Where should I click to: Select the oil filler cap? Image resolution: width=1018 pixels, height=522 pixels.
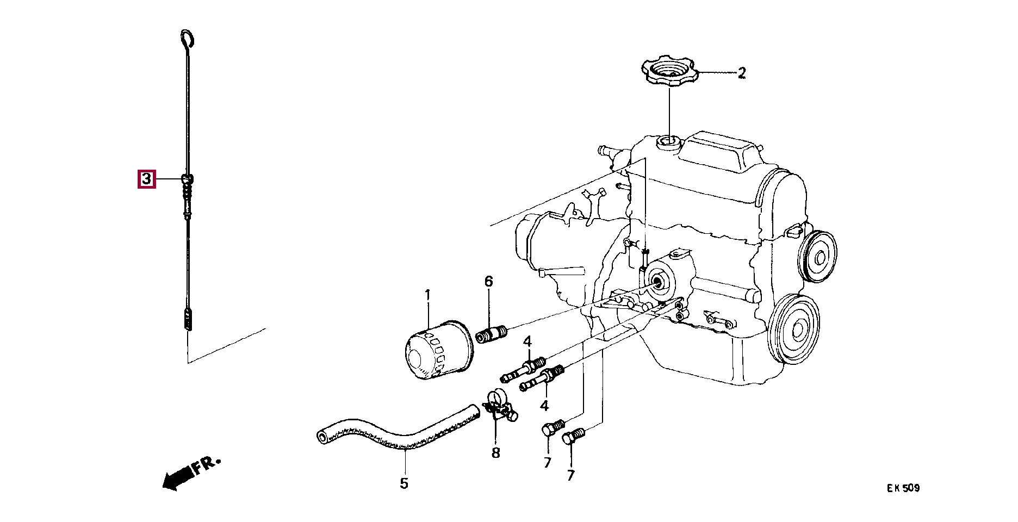(669, 71)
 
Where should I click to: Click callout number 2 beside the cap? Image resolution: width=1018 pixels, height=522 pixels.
(742, 73)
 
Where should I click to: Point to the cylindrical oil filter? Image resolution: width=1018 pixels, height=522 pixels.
(438, 351)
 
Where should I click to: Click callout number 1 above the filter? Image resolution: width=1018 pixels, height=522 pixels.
(427, 296)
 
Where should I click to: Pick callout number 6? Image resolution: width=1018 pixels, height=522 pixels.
(488, 281)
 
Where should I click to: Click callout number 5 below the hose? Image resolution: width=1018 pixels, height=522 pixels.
(404, 483)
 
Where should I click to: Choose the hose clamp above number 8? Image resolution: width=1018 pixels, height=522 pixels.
(500, 407)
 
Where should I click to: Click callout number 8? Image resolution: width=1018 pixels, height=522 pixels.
(495, 453)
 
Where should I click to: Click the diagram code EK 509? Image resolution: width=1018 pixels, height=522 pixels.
(903, 488)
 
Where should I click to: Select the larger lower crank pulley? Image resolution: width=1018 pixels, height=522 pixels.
(795, 328)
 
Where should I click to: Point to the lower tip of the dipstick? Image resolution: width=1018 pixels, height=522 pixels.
(188, 330)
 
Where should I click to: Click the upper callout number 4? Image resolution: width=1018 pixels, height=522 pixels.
(527, 342)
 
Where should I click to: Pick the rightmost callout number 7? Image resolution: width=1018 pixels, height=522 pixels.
(570, 475)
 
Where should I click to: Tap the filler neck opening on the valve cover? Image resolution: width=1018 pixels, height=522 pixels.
(668, 142)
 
